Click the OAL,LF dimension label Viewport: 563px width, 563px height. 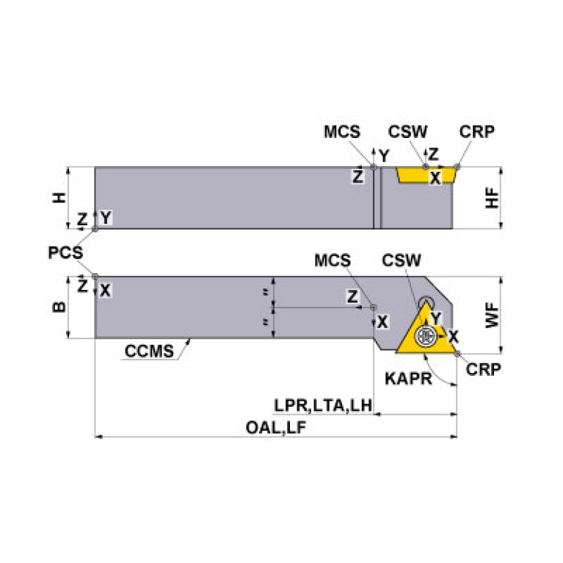277,429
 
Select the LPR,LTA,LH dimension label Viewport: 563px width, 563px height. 324,405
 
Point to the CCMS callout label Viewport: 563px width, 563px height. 149,351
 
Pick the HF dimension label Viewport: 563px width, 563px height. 493,197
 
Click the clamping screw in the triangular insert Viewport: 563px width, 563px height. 425,336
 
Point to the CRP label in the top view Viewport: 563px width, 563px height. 476,132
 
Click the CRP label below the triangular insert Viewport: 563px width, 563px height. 484,369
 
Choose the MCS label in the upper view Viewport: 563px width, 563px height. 342,132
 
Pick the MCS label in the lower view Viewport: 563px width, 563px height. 333,261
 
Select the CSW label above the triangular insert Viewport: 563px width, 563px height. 402,261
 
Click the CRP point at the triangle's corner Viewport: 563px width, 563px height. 457,355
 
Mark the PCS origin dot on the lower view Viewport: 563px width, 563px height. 95,277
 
